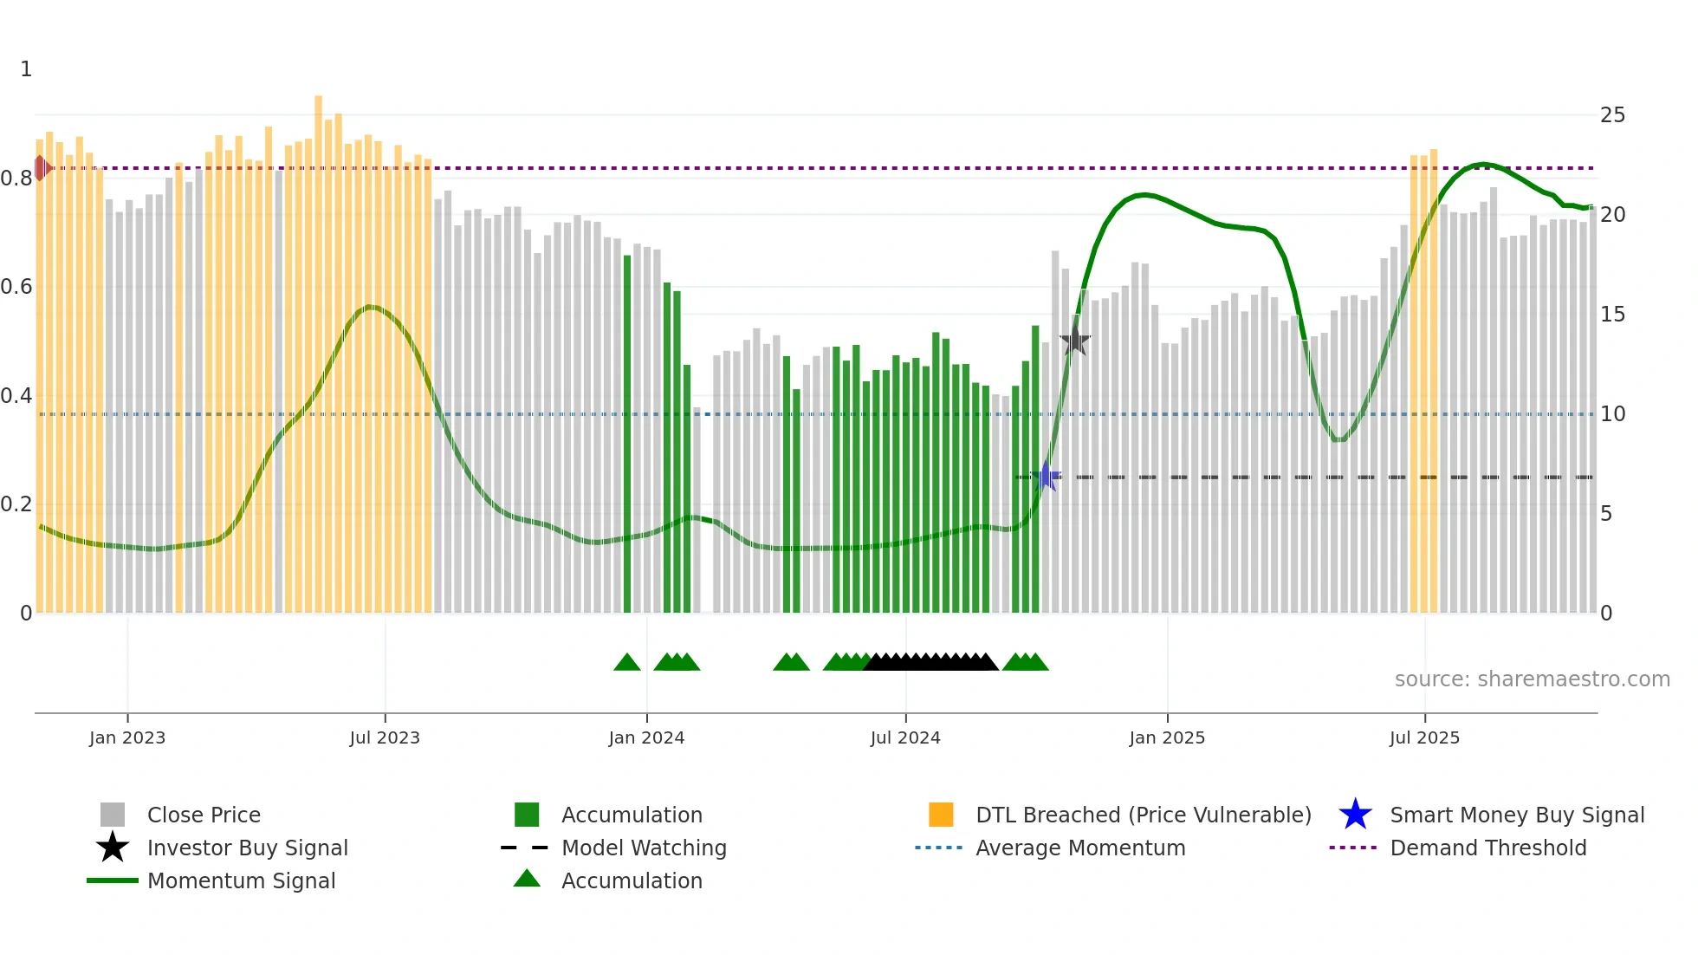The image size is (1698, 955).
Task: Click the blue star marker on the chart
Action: pyautogui.click(x=1047, y=476)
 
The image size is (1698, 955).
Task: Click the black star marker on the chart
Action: pyautogui.click(x=1074, y=340)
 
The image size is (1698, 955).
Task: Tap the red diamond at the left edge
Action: pyautogui.click(x=41, y=168)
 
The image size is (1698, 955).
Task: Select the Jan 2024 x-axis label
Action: pyautogui.click(x=646, y=737)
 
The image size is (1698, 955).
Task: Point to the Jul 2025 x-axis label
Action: pyautogui.click(x=1424, y=737)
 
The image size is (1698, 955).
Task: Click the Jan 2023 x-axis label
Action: pyautogui.click(x=127, y=737)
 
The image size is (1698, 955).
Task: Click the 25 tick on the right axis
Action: pyautogui.click(x=1612, y=115)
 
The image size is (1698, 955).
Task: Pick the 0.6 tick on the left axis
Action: pyautogui.click(x=17, y=287)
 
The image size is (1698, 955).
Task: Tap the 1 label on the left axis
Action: pyautogui.click(x=26, y=69)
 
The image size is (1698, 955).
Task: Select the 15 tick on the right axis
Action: pyautogui.click(x=1612, y=315)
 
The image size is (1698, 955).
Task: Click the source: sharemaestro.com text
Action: pyautogui.click(x=1532, y=679)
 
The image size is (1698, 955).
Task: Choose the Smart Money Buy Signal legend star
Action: pyautogui.click(x=1355, y=815)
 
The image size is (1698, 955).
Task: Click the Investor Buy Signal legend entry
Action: pyautogui.click(x=247, y=848)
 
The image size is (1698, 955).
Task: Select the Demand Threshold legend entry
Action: pyautogui.click(x=1487, y=848)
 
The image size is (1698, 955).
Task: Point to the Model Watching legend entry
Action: pyautogui.click(x=643, y=848)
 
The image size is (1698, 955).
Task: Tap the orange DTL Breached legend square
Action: pyautogui.click(x=941, y=815)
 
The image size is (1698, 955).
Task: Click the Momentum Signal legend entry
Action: pyautogui.click(x=241, y=880)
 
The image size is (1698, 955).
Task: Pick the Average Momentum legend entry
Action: pyautogui.click(x=1079, y=848)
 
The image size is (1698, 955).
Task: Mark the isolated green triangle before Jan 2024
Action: pyautogui.click(x=626, y=663)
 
